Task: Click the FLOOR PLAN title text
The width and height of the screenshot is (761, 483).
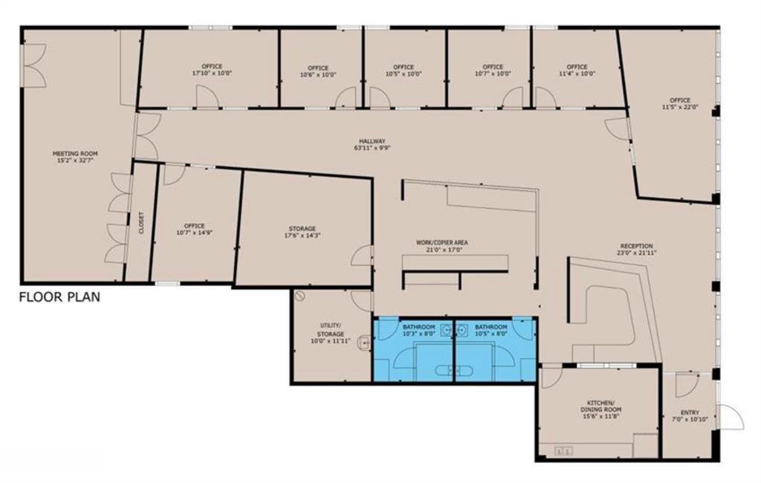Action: (x=59, y=296)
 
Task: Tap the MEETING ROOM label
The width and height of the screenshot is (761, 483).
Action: (x=75, y=156)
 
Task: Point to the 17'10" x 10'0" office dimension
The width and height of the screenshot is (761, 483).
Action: (x=212, y=74)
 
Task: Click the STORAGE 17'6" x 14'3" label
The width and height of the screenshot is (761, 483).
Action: (x=302, y=232)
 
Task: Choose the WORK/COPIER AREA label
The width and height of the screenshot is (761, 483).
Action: (x=441, y=246)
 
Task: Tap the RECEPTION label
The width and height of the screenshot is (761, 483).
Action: (x=636, y=249)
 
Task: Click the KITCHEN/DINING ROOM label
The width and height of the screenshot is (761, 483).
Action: (x=600, y=409)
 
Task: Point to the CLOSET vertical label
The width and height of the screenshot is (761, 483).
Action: (x=141, y=223)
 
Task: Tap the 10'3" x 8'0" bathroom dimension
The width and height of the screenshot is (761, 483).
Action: (x=419, y=334)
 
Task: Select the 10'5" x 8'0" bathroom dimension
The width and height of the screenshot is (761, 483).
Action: (x=491, y=334)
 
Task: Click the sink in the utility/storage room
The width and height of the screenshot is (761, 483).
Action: (x=364, y=343)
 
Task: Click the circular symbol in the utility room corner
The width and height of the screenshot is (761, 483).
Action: (x=300, y=295)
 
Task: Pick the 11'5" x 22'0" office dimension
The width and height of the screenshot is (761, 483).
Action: (x=680, y=107)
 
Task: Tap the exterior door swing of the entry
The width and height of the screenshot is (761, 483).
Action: (x=732, y=417)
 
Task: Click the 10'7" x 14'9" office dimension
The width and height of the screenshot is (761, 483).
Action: (x=194, y=232)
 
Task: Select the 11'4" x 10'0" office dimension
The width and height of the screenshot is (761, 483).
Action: (x=577, y=74)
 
